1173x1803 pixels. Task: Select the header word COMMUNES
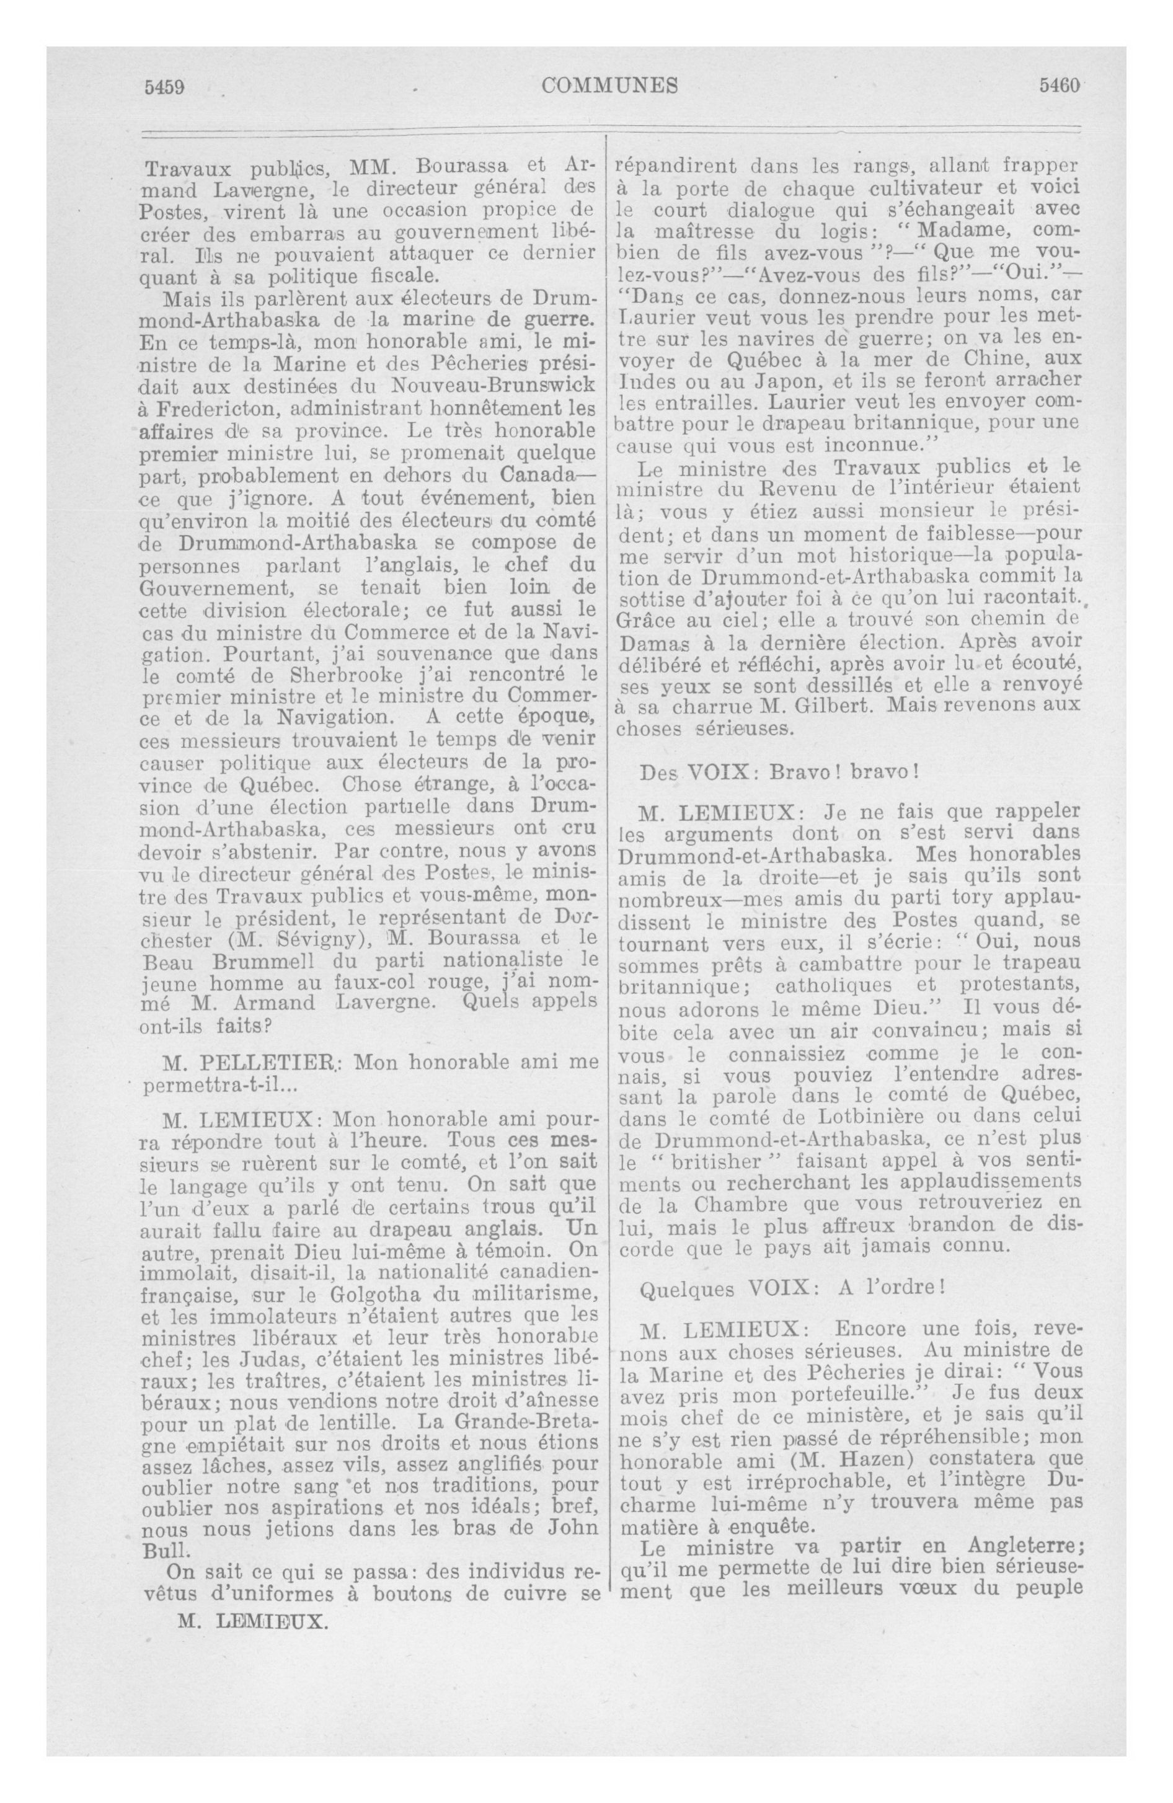[610, 86]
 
